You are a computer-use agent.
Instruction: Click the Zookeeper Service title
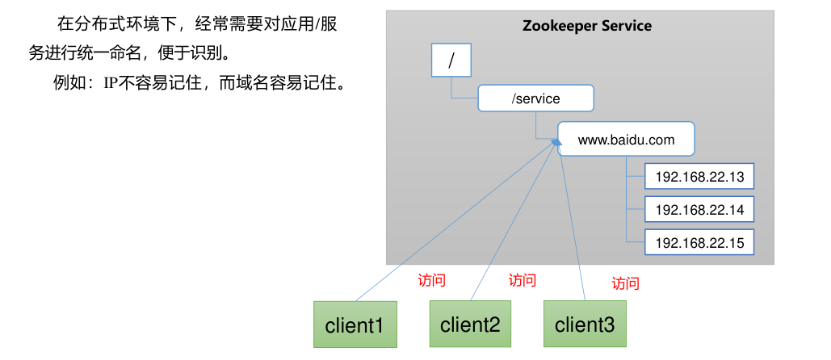587,25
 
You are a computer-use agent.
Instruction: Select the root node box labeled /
450,60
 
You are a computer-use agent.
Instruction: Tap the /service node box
536,98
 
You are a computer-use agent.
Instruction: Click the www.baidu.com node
626,140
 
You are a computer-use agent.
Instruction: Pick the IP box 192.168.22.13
699,177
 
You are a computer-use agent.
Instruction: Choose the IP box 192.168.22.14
699,210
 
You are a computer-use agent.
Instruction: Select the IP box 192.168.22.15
699,242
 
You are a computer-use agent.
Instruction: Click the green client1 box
355,325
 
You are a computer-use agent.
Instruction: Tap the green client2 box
470,324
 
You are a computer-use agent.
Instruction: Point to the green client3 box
585,324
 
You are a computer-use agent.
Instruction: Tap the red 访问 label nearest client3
625,283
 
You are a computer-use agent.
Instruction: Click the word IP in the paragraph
111,82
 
